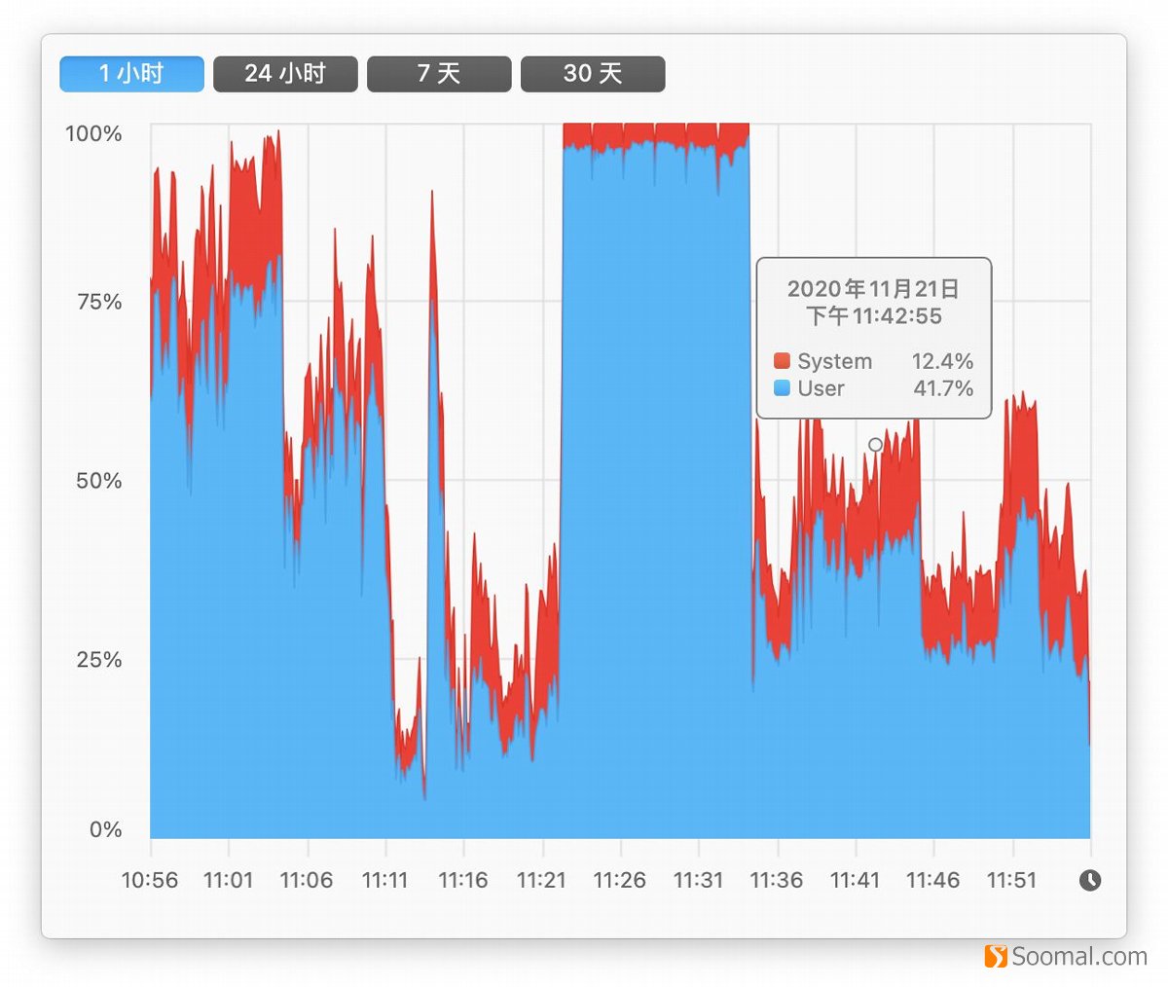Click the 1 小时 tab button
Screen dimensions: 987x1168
(x=131, y=74)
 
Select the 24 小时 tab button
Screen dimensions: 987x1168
(x=285, y=74)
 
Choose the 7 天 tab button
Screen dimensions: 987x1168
(x=439, y=74)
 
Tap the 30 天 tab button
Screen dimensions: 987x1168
(x=593, y=74)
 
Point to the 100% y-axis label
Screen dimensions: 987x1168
(x=93, y=133)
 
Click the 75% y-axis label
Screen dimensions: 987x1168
(x=99, y=302)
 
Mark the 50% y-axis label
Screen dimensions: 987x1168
(x=99, y=481)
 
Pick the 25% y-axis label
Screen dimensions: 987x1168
(x=99, y=660)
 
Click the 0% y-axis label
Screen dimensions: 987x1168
(x=105, y=829)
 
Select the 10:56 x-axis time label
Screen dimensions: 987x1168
(x=150, y=880)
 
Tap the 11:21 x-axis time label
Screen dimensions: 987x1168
(x=541, y=880)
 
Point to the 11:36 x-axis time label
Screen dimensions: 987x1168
(x=777, y=880)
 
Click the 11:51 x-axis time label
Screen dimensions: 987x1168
(x=1012, y=880)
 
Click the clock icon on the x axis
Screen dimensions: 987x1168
(x=1090, y=880)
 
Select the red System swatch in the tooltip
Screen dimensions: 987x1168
(x=782, y=361)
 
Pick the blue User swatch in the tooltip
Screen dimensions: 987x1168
(x=782, y=388)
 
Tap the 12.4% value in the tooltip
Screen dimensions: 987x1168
(x=942, y=361)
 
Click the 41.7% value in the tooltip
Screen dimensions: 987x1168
(x=942, y=388)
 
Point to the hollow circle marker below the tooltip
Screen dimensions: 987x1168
(x=875, y=445)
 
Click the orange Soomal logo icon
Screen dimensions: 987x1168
(x=996, y=957)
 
